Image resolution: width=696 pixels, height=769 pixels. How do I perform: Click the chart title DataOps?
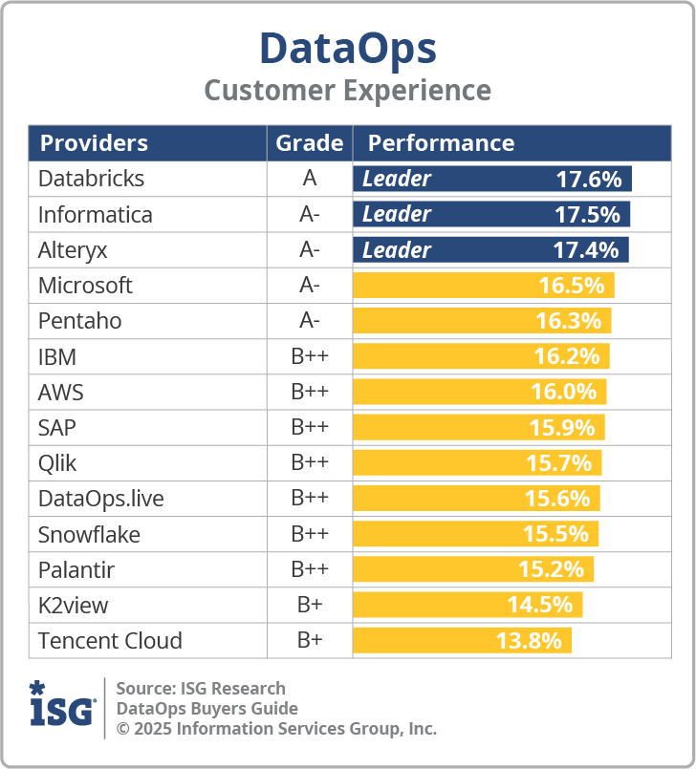coord(347,48)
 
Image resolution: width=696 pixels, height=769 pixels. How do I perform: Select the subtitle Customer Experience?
coord(347,91)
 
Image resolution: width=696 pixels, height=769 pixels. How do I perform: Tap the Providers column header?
coord(94,143)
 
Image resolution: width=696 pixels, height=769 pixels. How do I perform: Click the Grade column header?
coord(309,143)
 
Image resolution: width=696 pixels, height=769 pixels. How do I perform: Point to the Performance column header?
coord(441,143)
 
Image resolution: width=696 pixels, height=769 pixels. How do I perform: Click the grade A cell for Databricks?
coord(309,179)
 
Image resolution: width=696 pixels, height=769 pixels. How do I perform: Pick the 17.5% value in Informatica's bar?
coord(587,214)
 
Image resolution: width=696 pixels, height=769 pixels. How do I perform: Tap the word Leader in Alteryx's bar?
coord(396,250)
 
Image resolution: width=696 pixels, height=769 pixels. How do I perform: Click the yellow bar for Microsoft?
coord(483,286)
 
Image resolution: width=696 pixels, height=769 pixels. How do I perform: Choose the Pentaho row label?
coord(79,321)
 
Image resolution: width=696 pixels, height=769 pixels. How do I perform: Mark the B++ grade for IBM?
coord(309,356)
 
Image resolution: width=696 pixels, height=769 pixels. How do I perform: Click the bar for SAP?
coord(478,427)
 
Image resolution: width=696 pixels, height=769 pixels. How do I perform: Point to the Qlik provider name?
coord(57,463)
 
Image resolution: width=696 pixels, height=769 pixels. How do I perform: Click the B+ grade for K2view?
coord(309,605)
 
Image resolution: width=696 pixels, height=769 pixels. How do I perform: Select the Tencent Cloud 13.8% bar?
coord(462,640)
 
